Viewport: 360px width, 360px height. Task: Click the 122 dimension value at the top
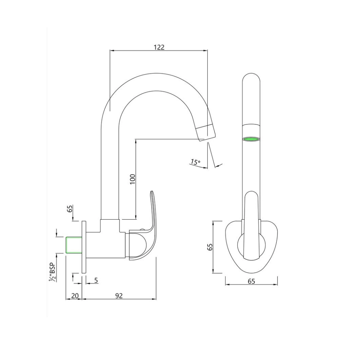[x=159, y=47]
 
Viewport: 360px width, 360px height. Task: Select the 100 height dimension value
[x=133, y=179]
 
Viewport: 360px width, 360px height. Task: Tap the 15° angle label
[x=195, y=162]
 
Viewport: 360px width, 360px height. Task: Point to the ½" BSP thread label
[x=52, y=272]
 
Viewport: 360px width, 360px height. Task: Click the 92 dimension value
[x=119, y=296]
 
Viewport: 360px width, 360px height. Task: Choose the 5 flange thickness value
[x=96, y=280]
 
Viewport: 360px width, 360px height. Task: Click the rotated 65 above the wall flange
[x=70, y=209]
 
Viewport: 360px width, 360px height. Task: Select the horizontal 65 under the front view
[x=251, y=281]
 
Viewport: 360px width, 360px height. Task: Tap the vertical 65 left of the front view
[x=210, y=247]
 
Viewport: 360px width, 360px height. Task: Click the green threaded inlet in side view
[x=74, y=245]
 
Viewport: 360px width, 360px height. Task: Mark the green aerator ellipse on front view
[x=251, y=139]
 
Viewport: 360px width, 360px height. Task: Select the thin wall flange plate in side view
[x=84, y=247]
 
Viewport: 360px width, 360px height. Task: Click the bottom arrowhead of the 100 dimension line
[x=135, y=216]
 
